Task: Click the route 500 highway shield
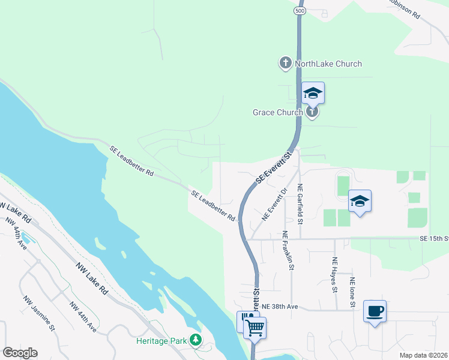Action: (x=299, y=11)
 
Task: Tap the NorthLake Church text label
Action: (x=328, y=64)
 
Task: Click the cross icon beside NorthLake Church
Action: (x=286, y=62)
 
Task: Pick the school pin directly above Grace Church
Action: (x=313, y=92)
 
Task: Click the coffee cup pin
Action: (x=375, y=311)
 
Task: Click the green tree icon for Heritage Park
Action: (x=195, y=340)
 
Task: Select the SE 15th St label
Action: (x=434, y=239)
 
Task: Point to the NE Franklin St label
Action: (x=290, y=248)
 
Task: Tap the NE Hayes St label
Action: (x=334, y=275)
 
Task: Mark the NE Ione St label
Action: (x=352, y=292)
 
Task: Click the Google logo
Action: (x=20, y=353)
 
